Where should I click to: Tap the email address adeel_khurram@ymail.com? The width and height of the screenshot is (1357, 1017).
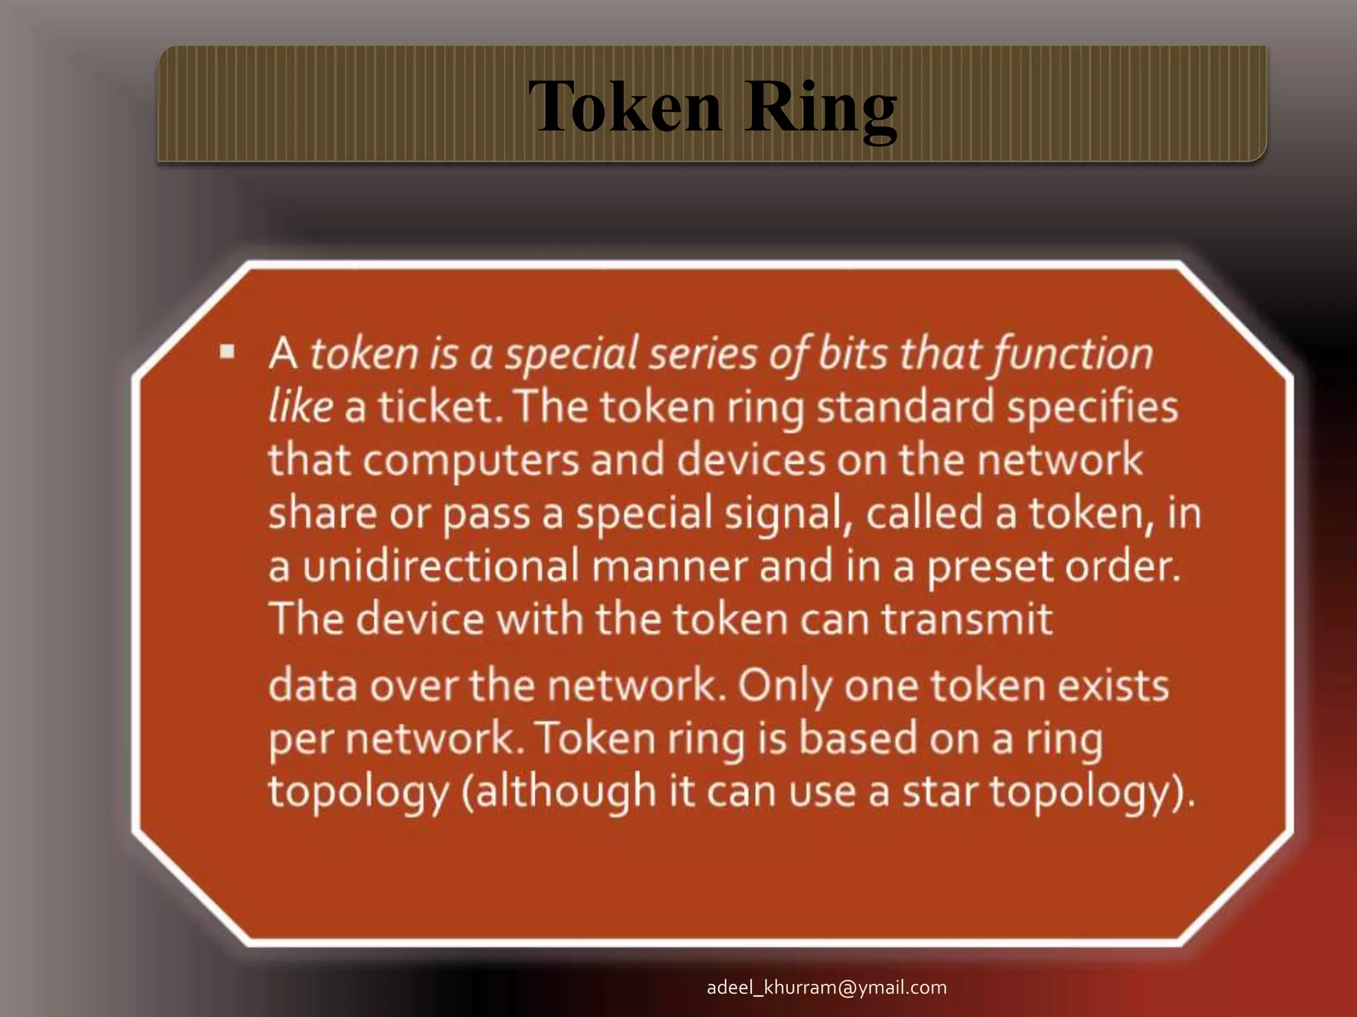pyautogui.click(x=826, y=987)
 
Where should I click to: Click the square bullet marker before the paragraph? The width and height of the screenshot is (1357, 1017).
pyautogui.click(x=228, y=351)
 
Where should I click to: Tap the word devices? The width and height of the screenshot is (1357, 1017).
pyautogui.click(x=751, y=460)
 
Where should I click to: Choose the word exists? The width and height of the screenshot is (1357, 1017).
pyautogui.click(x=1113, y=686)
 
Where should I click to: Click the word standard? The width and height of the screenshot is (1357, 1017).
pyautogui.click(x=905, y=407)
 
